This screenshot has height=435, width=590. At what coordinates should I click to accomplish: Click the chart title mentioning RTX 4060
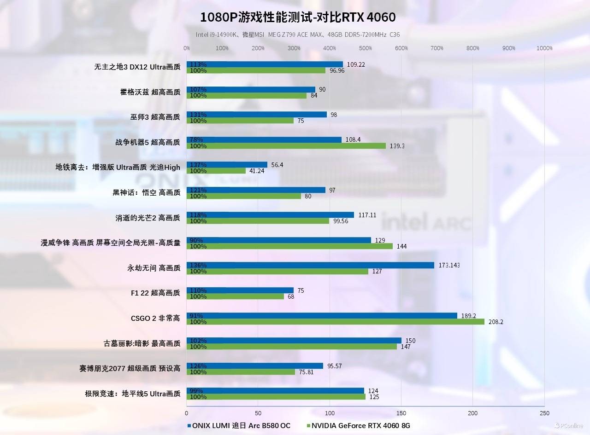pos(297,17)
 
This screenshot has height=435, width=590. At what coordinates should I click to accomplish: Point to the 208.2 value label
pos(496,322)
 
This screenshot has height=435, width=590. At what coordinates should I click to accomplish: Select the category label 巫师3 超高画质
pos(155,117)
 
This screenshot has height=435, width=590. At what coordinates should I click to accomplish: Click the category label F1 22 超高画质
pos(155,293)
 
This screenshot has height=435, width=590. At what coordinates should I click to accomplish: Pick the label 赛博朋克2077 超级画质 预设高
pos(130,368)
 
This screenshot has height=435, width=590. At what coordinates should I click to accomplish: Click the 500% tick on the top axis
pos(366,48)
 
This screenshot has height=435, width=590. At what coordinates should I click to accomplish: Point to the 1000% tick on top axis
pos(544,48)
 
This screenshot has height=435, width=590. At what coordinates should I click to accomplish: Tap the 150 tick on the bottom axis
pos(401,413)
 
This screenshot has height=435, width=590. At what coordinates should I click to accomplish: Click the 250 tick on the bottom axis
pos(544,413)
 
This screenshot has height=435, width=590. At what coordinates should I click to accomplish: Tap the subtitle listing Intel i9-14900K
pos(297,35)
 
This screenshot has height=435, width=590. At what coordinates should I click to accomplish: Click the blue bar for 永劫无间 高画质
pos(310,265)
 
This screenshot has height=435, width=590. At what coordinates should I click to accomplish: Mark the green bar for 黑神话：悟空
pos(244,196)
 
